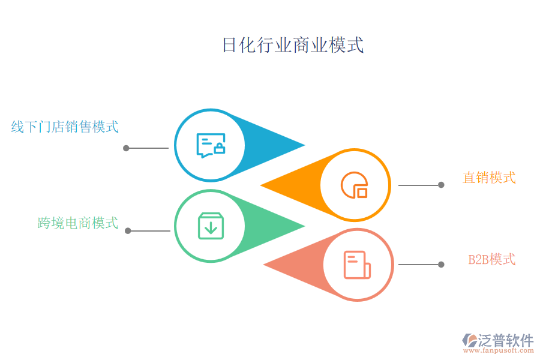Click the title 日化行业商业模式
click(x=293, y=46)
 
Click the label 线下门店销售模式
click(x=65, y=127)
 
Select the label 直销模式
click(x=489, y=178)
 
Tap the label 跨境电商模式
click(x=78, y=223)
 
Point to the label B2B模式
click(x=491, y=260)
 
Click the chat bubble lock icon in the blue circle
click(x=211, y=146)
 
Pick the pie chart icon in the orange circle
click(x=354, y=185)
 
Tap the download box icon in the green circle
click(x=211, y=226)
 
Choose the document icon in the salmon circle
click(x=357, y=265)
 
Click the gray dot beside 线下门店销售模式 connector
click(x=126, y=148)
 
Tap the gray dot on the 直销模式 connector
click(x=441, y=185)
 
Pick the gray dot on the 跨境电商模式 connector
click(x=127, y=230)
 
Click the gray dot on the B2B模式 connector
click(x=441, y=265)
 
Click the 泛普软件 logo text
click(x=505, y=340)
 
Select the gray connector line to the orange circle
click(x=419, y=185)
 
